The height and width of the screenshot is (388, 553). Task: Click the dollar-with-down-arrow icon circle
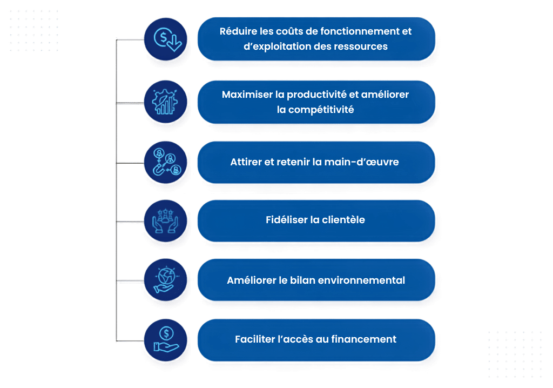pos(165,39)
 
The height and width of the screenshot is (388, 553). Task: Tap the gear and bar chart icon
pos(165,102)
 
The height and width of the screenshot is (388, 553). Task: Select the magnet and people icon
pos(165,163)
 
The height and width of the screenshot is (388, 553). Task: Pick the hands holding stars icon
pos(165,221)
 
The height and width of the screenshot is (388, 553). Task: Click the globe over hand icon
pos(165,280)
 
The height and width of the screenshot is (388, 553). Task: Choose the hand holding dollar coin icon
pos(165,340)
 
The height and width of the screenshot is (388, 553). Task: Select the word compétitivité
pos(321,110)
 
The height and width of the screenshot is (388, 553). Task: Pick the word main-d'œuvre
pos(361,162)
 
